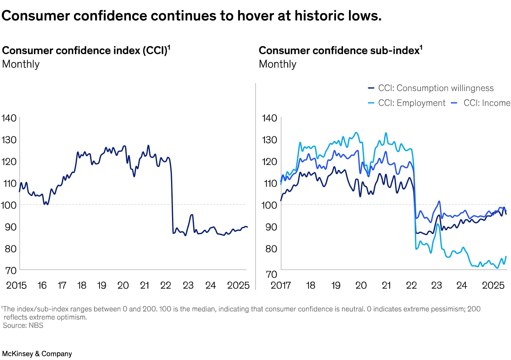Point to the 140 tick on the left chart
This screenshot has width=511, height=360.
point(9,118)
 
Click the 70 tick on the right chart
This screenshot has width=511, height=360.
point(271,274)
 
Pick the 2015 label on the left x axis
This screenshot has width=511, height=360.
point(16,285)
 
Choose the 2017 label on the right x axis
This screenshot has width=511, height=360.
point(280,285)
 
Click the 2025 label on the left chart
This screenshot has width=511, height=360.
point(238,285)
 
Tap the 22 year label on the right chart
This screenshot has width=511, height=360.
point(411,285)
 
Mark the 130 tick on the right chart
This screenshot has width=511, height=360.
point(269,140)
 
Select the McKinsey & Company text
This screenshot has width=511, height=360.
point(37,354)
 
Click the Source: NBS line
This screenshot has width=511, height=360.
point(23,325)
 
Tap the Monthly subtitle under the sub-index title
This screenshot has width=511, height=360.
point(277,64)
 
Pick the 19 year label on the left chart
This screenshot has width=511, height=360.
point(101,285)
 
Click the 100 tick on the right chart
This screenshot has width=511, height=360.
point(269,205)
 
